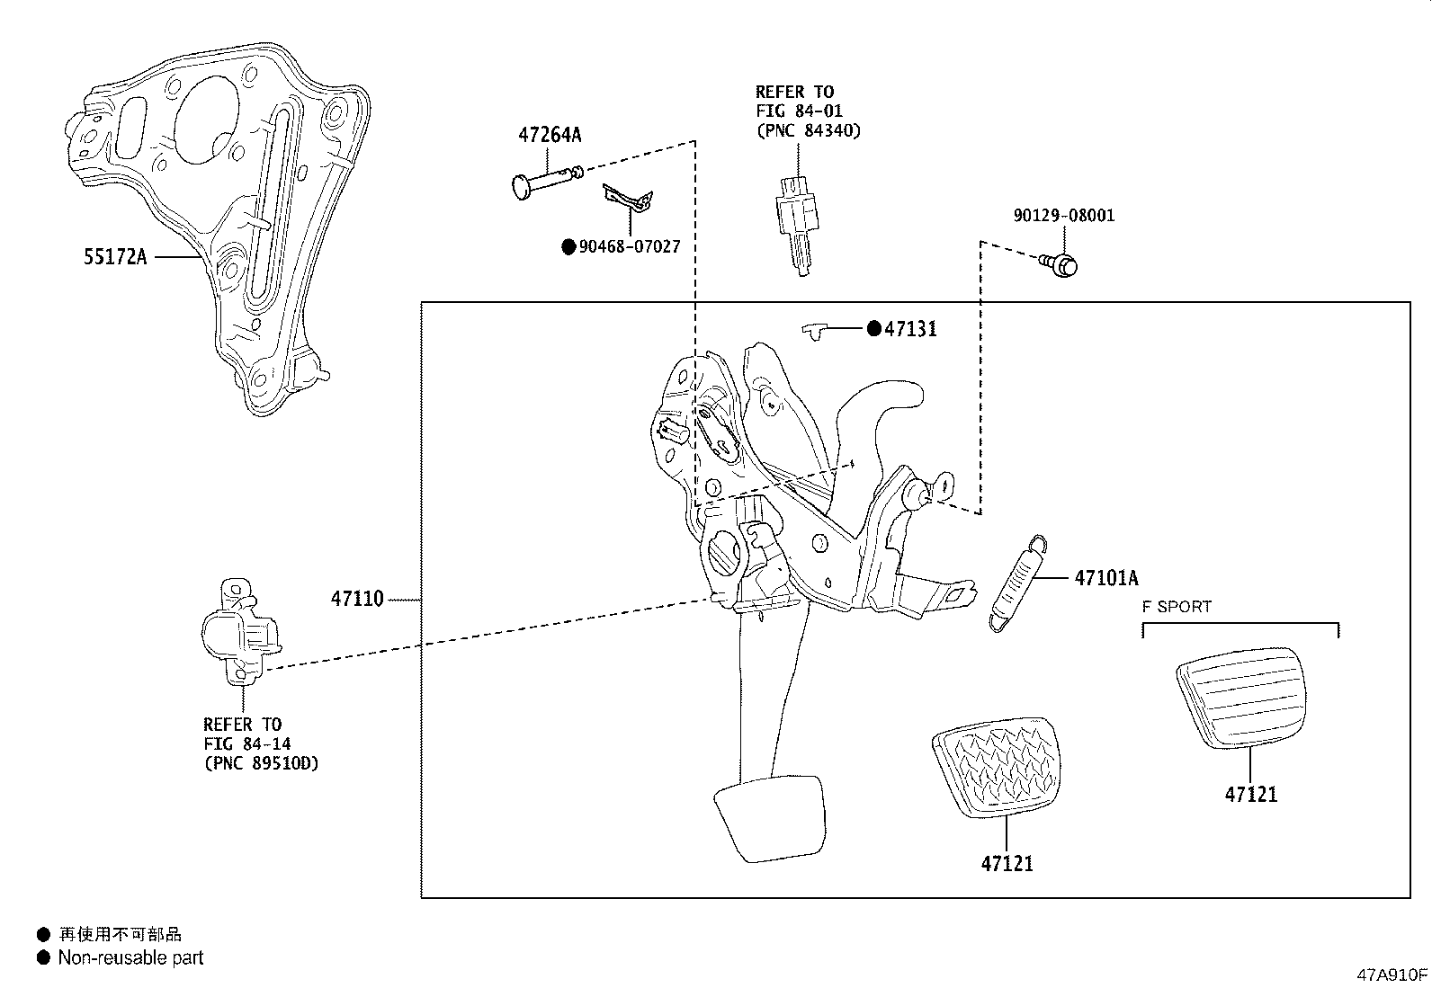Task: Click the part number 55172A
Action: tap(115, 257)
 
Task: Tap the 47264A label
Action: tap(550, 135)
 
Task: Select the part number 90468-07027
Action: tap(629, 246)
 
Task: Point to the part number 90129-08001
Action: tap(1064, 216)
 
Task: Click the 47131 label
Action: tap(910, 329)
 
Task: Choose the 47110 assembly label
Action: tap(357, 599)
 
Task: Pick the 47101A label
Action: tap(1106, 578)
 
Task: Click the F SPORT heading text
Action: tap(1177, 607)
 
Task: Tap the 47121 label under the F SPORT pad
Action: tap(1250, 795)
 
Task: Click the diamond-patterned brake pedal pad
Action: tap(996, 767)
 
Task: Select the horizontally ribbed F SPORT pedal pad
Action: tap(1240, 698)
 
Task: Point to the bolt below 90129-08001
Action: tap(1060, 264)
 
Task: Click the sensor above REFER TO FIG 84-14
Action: tap(241, 631)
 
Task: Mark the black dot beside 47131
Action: tap(874, 328)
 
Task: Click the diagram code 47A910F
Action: tap(1392, 975)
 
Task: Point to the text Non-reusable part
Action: tap(130, 957)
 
